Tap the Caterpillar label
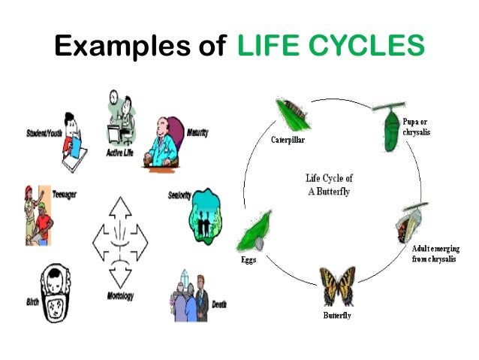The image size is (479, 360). [288, 140]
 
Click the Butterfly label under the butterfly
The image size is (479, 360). [336, 315]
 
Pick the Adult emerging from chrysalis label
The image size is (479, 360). [433, 253]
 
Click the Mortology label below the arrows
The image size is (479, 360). [119, 295]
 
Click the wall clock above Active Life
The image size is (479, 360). [114, 98]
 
